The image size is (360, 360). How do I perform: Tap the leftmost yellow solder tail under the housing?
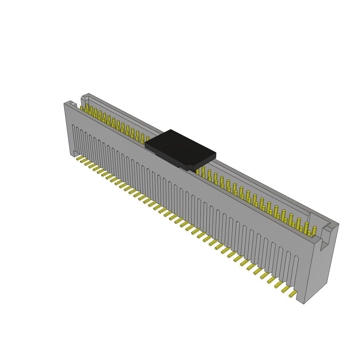pos(80,158)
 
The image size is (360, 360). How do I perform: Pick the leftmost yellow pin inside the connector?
pos(82,108)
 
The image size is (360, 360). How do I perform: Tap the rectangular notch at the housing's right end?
pos(325,239)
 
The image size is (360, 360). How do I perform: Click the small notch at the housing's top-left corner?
pos(73,104)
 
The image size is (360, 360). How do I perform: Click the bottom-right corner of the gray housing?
pos(304,303)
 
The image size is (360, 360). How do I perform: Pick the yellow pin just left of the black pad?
pos(148,139)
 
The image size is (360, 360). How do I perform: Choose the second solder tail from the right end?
pos(285,289)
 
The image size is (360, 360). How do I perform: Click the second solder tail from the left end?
pos(84,160)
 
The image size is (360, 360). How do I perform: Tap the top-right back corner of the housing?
pos(338,224)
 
